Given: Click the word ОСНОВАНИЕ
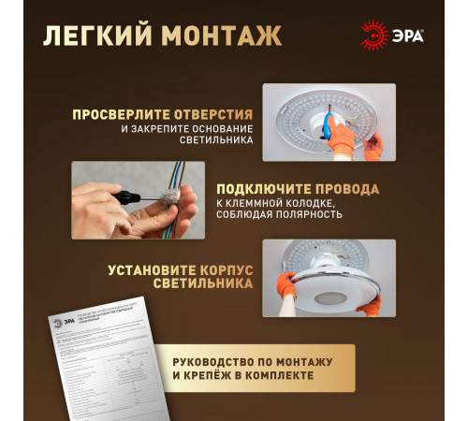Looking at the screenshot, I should pyautogui.click(x=217, y=128).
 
